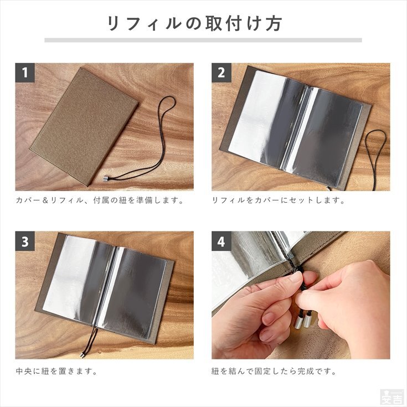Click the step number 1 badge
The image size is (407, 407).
[x=25, y=73]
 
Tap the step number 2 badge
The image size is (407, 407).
[x=221, y=73]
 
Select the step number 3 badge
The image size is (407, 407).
[x=25, y=241]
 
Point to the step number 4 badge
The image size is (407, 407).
[x=221, y=241]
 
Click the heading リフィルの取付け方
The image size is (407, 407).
[x=194, y=24]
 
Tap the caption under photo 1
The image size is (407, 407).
[x=100, y=200]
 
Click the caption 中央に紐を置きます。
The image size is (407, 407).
[x=56, y=371]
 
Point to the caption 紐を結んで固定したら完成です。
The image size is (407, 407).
[x=274, y=371]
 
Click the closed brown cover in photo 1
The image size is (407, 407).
[x=84, y=126]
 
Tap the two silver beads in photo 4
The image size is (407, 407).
[x=303, y=321]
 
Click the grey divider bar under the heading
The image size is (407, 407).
[x=203, y=40]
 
